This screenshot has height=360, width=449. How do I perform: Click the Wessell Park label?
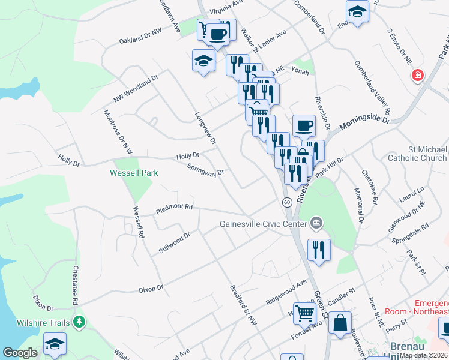(134, 173)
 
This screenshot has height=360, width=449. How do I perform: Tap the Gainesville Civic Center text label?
(263, 224)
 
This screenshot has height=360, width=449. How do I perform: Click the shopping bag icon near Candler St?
(340, 323)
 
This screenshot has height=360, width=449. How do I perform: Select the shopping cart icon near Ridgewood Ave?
(305, 312)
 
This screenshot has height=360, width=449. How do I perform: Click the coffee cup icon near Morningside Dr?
(304, 125)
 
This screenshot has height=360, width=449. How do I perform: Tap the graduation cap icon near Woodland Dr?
(203, 61)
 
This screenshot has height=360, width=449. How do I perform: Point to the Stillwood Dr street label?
(175, 243)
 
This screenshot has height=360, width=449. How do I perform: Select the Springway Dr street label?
(205, 170)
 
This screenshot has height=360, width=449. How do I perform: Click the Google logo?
(20, 353)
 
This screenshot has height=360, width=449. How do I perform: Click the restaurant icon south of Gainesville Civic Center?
(319, 249)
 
